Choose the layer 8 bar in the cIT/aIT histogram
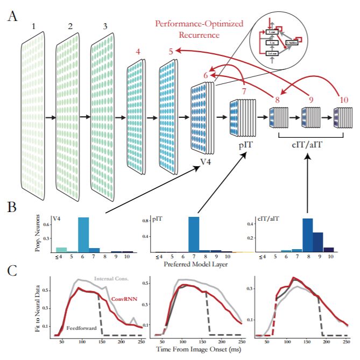click(307, 235)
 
